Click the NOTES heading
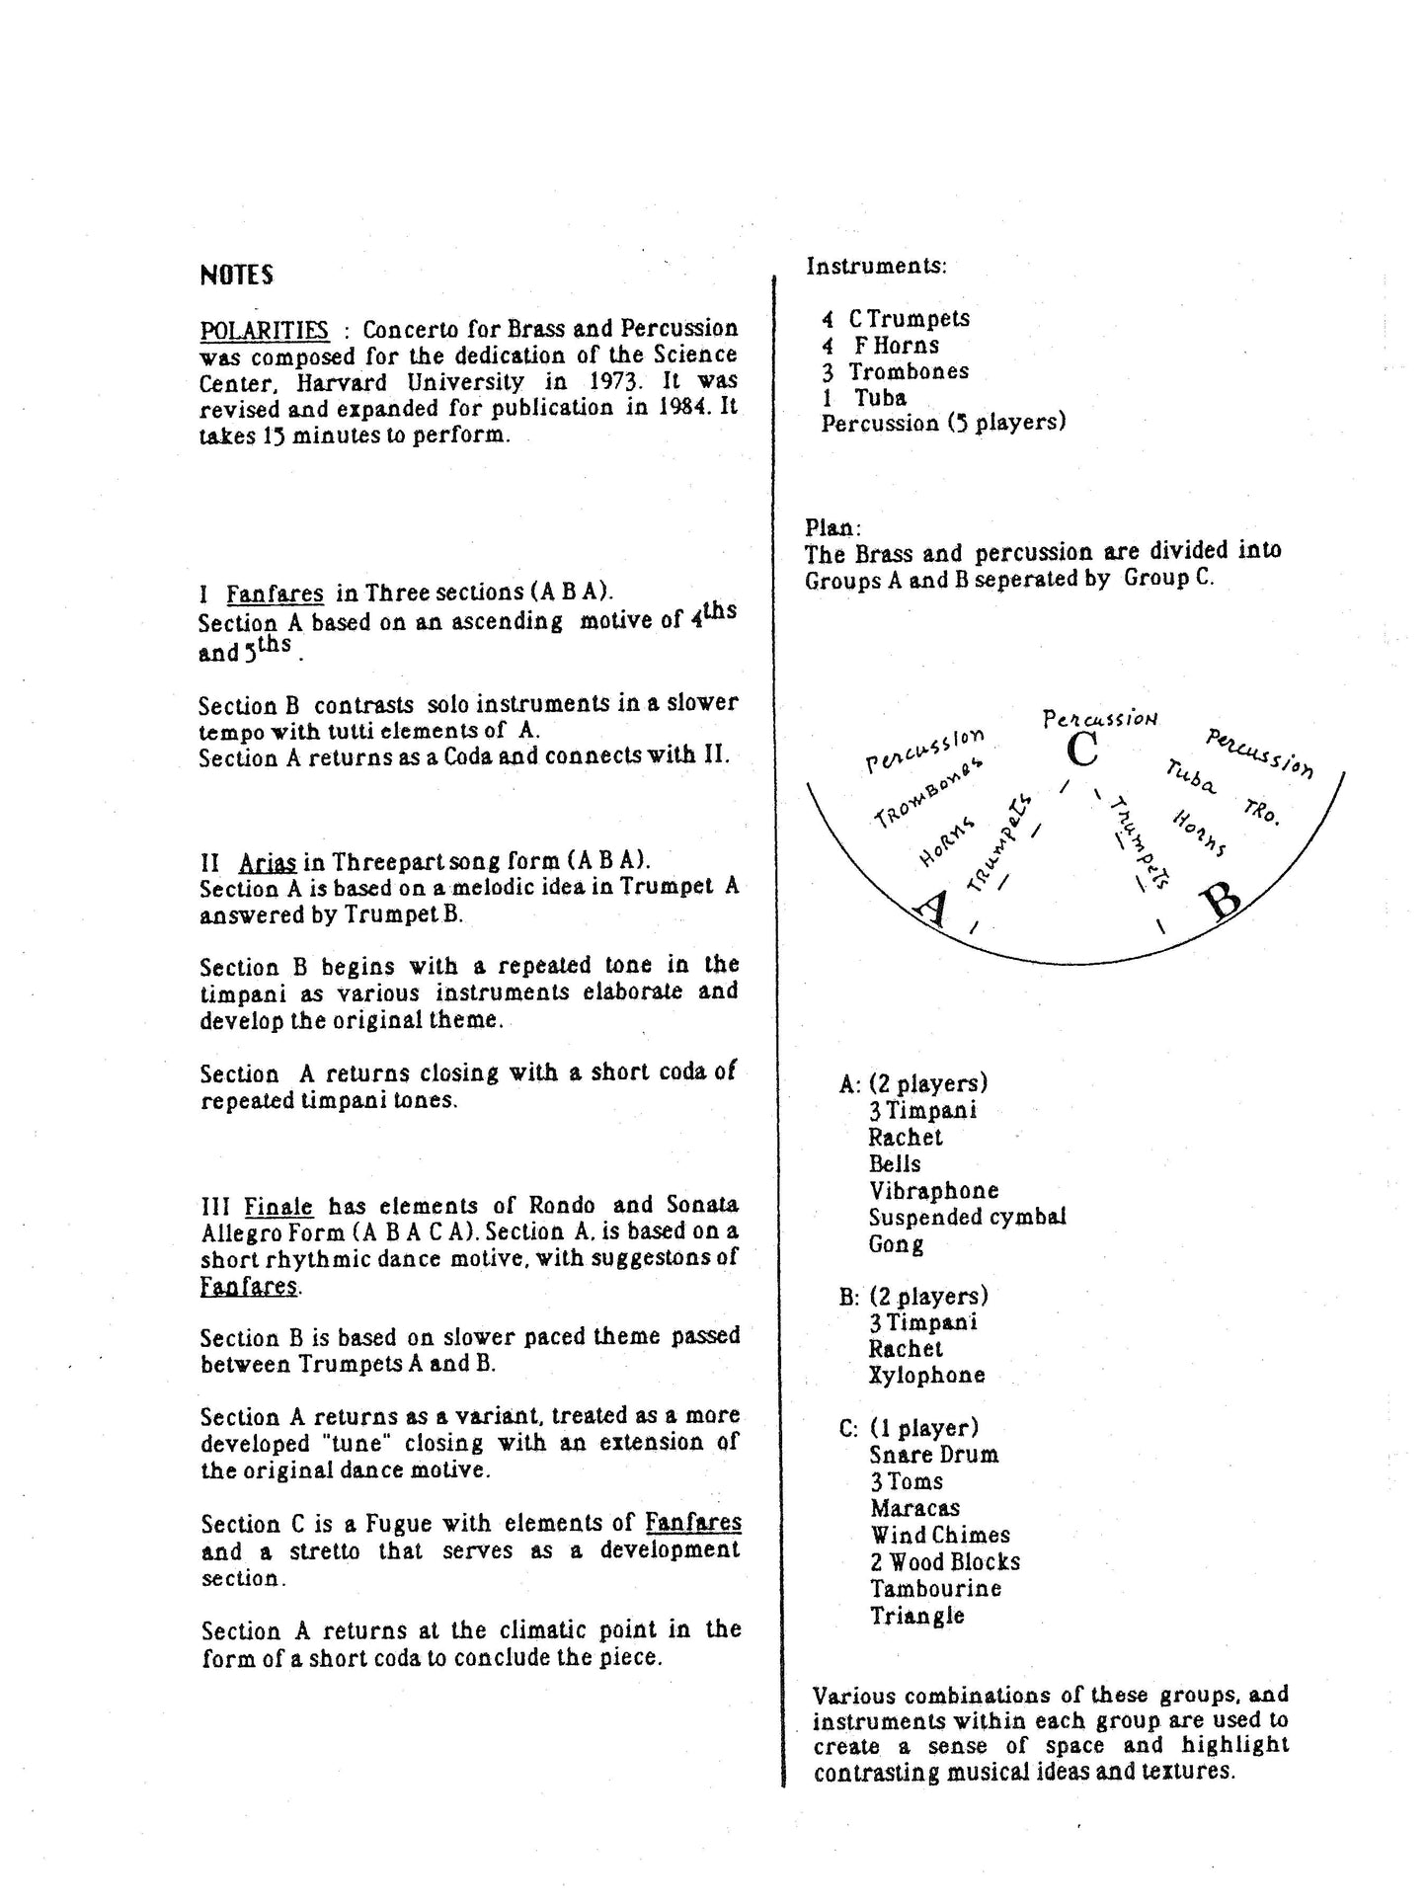236,276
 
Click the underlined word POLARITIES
264,329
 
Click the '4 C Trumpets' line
897,318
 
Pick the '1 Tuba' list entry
865,397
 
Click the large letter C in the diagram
1082,750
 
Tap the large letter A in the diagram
933,906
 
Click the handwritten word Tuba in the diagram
1190,776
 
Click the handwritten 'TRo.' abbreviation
1261,811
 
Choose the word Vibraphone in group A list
933,1191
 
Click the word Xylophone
926,1375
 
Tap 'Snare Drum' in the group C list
934,1455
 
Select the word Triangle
916,1616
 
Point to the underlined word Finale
278,1206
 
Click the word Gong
896,1244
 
